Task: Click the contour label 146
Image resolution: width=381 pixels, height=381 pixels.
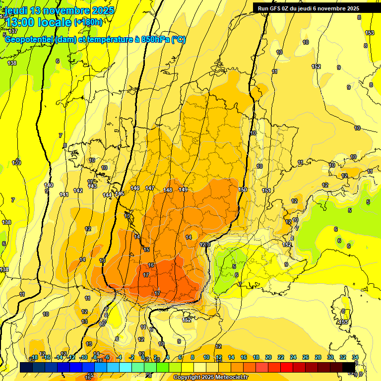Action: (135, 188)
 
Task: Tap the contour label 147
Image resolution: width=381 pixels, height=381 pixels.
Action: (150, 188)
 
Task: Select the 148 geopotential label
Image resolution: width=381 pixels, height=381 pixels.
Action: (168, 190)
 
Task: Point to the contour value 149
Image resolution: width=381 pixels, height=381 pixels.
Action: (183, 190)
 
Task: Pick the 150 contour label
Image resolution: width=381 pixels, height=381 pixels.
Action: (243, 190)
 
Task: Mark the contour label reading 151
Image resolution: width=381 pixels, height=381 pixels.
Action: (266, 190)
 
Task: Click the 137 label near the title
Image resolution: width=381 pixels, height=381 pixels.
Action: (13, 31)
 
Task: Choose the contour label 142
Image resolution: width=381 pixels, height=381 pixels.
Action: (78, 190)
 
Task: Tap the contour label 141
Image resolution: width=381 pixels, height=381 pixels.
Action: (64, 194)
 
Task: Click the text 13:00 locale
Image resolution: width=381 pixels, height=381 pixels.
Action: (39, 22)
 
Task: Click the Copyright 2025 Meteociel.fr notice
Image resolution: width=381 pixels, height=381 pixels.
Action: (210, 378)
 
